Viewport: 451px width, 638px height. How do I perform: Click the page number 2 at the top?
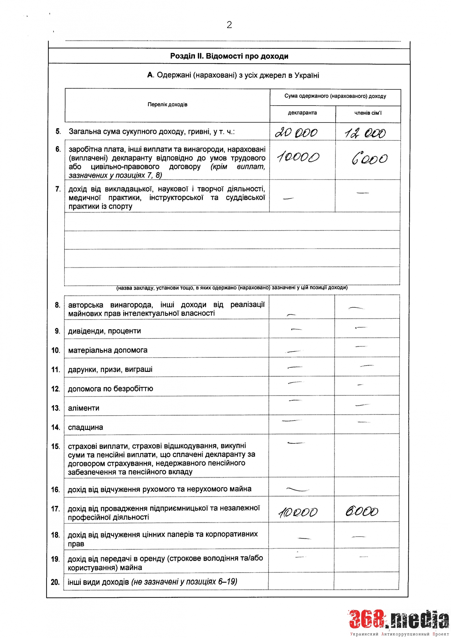pos(229,25)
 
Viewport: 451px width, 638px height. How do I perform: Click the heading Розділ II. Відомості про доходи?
pos(229,56)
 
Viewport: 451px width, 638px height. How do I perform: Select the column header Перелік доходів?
pos(167,105)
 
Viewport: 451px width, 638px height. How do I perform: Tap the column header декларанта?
pos(302,113)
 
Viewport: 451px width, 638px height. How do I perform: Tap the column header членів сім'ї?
pos(368,113)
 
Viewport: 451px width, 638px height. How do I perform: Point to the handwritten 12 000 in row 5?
pos(366,133)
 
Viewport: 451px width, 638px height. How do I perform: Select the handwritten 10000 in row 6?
pos(298,157)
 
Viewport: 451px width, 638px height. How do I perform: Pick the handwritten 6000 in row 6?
pos(370,159)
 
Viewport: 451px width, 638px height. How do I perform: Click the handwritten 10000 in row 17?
pos(298,512)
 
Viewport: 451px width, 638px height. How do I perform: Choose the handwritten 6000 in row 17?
pos(362,512)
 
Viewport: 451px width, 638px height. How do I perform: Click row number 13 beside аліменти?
pos(55,408)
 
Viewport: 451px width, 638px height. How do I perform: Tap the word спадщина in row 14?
pos(85,427)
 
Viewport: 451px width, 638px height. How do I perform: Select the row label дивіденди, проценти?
pos(105,331)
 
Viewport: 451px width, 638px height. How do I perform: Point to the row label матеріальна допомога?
pos(108,350)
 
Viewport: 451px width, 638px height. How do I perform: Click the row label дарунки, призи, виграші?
pos(110,370)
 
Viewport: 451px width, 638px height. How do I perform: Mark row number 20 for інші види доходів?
pos(55,582)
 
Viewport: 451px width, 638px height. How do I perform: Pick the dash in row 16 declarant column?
pos(298,489)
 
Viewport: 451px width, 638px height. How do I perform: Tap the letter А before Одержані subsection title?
pos(150,75)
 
